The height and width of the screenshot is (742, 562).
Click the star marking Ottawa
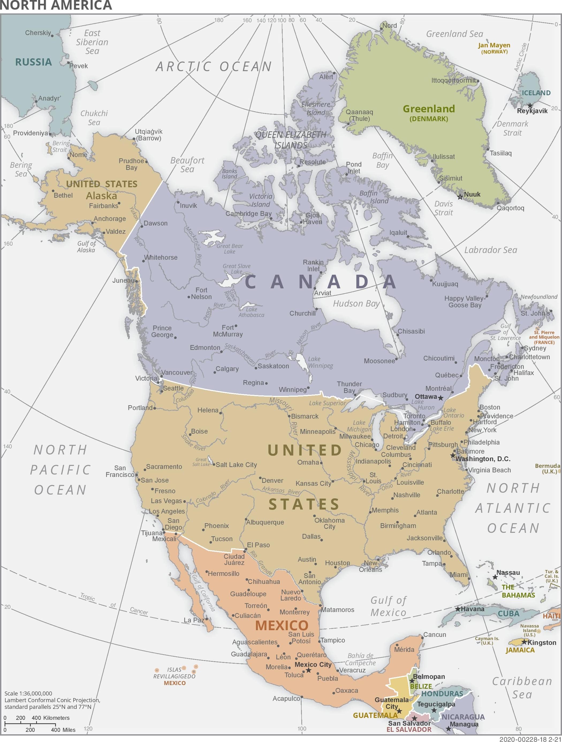(x=441, y=398)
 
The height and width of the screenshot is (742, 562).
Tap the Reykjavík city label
(x=532, y=111)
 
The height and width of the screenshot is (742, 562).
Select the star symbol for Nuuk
(x=460, y=197)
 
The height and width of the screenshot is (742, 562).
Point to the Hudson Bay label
(x=356, y=304)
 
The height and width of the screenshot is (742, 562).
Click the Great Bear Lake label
(x=230, y=248)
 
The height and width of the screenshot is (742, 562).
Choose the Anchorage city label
(x=109, y=219)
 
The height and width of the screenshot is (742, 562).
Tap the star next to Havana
(x=458, y=609)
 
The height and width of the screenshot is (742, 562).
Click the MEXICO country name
(x=282, y=625)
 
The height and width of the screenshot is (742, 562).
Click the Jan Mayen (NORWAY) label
(x=494, y=48)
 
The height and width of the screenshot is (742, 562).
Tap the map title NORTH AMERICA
(x=56, y=5)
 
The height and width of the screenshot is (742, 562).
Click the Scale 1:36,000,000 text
(x=28, y=693)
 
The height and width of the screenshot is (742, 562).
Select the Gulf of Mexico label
(x=388, y=606)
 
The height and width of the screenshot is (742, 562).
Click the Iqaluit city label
(x=398, y=232)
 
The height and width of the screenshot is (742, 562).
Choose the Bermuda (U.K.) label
(x=548, y=468)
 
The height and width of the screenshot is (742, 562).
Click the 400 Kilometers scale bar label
(x=51, y=718)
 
